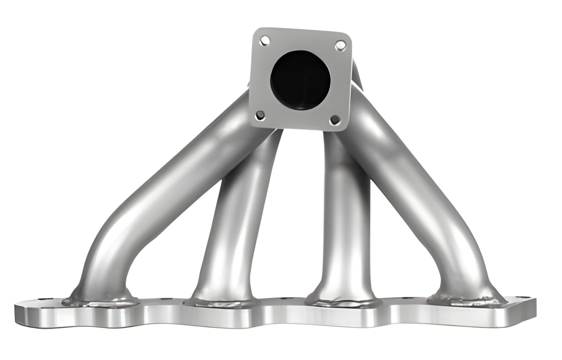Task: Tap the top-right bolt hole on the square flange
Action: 340,45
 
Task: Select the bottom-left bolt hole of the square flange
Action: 260,116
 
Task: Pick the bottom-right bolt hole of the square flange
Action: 335,120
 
